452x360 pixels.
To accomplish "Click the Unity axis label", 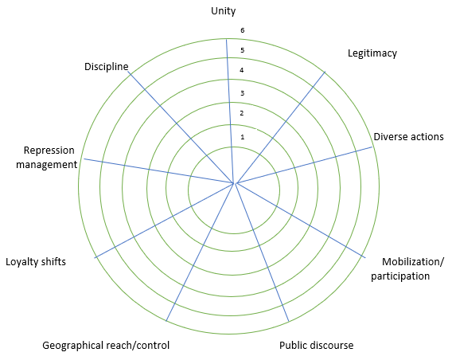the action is (224, 11).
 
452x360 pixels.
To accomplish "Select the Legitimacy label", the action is (372, 53).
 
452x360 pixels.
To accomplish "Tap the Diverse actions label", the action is (408, 136).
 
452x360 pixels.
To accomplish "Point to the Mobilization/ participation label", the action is (407, 269).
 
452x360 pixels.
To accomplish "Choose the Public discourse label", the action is (316, 346).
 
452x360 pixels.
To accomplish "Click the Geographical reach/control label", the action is (106, 346).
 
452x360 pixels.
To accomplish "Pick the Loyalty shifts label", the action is (36, 261).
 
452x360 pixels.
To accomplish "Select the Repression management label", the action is (47, 157).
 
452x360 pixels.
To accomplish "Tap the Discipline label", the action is (107, 67).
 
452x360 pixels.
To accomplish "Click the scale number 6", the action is (243, 30).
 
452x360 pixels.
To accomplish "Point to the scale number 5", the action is (243, 50).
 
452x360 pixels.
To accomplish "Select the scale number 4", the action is (242, 70).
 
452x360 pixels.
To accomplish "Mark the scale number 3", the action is (243, 93).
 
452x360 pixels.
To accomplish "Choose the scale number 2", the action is (242, 113).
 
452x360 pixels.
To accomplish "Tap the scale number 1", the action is (243, 137).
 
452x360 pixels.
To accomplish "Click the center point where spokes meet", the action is (234, 183).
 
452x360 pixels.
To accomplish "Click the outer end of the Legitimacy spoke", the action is (325, 71).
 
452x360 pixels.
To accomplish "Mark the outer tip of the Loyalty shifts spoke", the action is (95, 257).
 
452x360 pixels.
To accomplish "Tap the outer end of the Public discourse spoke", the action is (289, 321).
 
